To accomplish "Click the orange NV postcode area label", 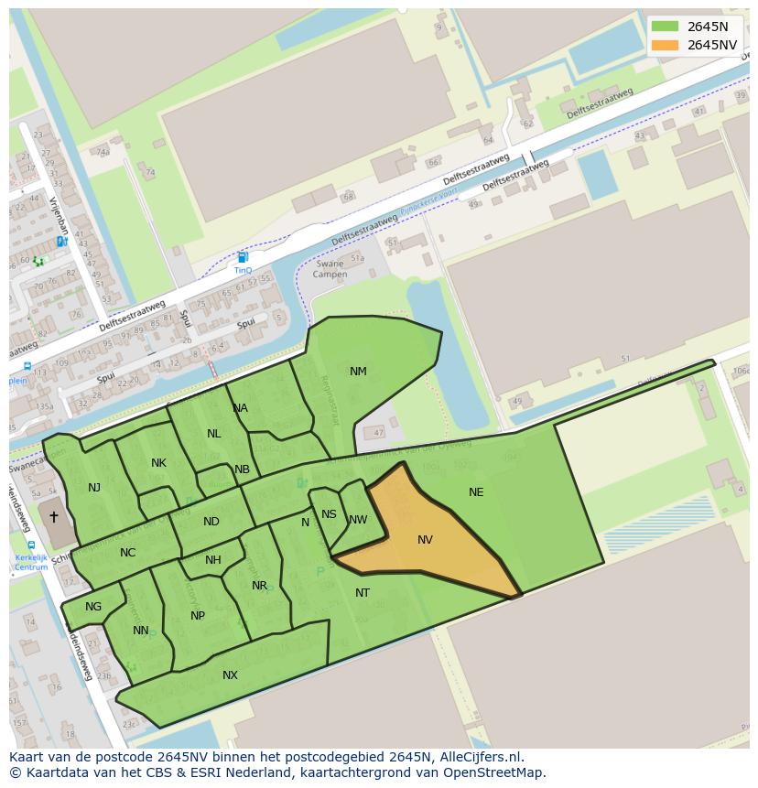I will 425,540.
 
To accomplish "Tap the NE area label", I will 476,492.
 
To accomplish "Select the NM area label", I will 358,372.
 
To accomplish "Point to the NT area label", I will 363,593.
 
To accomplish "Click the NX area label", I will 230,675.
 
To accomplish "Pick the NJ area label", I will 94,488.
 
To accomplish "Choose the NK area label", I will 158,463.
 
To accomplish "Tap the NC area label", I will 127,553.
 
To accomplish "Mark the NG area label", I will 93,607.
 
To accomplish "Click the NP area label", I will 198,616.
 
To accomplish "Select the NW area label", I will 358,520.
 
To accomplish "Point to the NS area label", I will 329,514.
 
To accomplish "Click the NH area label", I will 213,560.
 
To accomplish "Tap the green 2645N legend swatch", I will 666,27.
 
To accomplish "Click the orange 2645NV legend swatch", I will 666,45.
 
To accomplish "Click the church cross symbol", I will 53,517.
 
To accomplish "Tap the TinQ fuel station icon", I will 243,258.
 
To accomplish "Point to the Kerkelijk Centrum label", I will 31,562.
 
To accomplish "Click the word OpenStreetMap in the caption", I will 498,772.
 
